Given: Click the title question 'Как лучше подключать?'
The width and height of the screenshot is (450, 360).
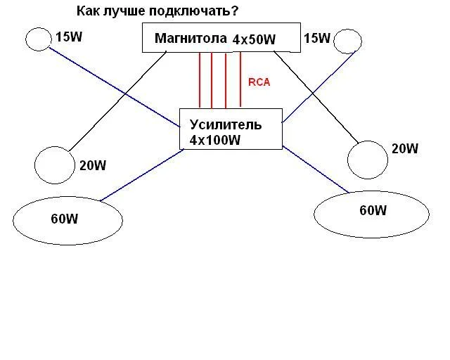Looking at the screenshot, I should click(x=157, y=12).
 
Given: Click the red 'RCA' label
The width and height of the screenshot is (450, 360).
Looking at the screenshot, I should click(x=259, y=82).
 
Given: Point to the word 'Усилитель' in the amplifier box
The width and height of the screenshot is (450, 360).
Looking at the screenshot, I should click(x=226, y=124).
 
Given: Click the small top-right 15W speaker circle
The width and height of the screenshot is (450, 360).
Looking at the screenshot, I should click(x=347, y=42).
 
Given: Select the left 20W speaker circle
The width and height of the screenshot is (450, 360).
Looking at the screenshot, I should click(x=54, y=164).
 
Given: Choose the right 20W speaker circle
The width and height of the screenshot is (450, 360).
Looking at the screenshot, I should click(x=366, y=159).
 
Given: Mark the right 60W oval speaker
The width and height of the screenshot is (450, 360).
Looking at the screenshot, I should click(x=371, y=214).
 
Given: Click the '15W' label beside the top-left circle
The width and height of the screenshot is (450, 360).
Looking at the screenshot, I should click(x=69, y=37).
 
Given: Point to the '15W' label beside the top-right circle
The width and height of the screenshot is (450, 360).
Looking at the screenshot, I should click(x=316, y=38).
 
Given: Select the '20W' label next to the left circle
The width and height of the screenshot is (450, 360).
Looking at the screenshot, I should click(x=93, y=166).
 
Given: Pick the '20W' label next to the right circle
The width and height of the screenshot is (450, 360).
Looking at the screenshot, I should click(x=405, y=148).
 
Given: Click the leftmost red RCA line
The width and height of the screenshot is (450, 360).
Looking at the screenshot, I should click(x=199, y=80).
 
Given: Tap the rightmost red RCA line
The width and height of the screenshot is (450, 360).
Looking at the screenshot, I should click(x=240, y=80).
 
